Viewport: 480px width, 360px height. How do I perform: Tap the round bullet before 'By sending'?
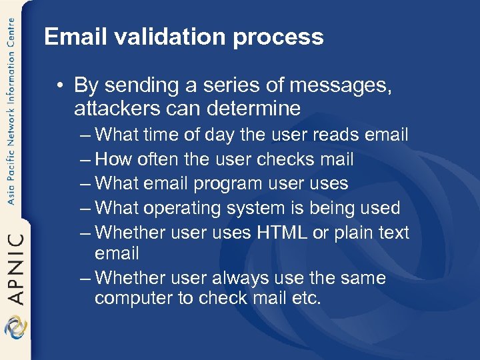61,86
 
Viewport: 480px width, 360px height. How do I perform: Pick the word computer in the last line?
133,298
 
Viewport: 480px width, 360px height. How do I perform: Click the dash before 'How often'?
85,160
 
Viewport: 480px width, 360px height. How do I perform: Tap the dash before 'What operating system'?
85,208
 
